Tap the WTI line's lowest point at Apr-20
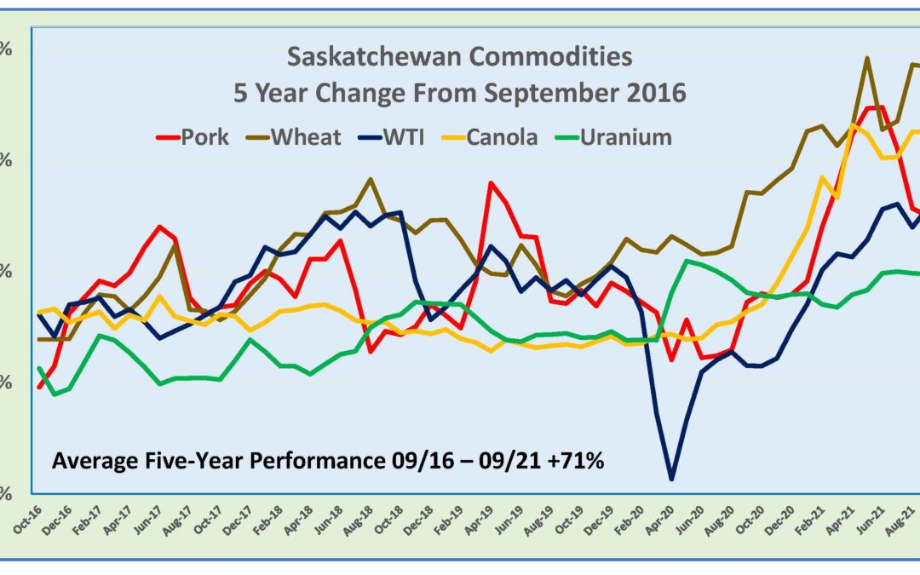[672, 479]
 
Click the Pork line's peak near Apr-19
[491, 182]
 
